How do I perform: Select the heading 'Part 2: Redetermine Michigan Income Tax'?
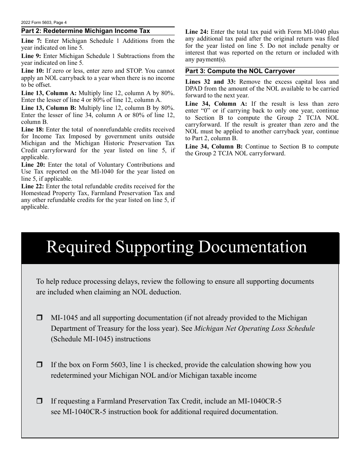[86, 31]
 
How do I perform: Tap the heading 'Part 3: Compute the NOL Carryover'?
[240, 71]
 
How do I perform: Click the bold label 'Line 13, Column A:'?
[49, 93]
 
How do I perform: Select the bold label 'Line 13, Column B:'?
[49, 108]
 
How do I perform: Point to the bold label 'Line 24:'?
[197, 32]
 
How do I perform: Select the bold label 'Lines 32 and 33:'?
[210, 82]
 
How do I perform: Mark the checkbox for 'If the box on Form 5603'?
[39, 365]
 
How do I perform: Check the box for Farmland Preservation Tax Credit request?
[39, 401]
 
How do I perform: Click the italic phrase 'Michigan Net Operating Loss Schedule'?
[254, 328]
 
